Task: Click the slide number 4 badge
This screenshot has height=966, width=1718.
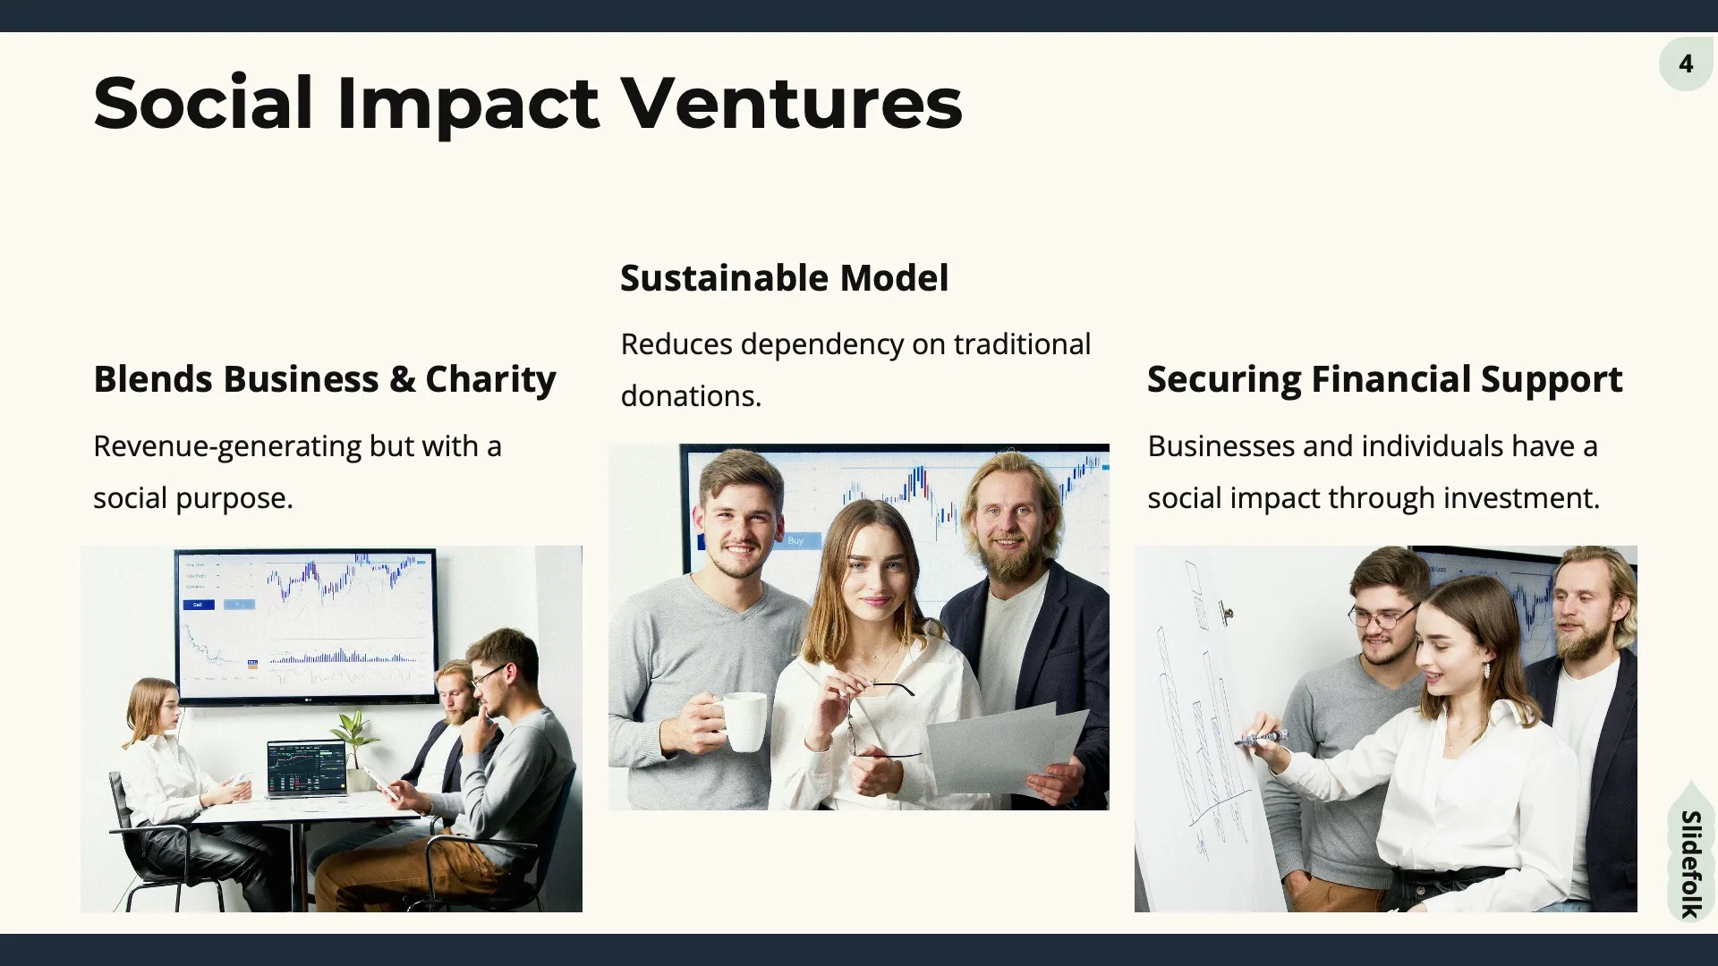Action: tap(1686, 64)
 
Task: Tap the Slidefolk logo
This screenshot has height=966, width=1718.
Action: tap(1689, 862)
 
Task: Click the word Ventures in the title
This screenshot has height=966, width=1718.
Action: tap(791, 103)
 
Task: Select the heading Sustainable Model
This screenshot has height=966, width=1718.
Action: tap(784, 278)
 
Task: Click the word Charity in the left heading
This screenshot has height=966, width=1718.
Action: tap(490, 379)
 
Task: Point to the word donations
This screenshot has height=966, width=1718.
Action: tap(691, 396)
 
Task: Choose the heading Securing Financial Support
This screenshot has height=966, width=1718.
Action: tap(1384, 379)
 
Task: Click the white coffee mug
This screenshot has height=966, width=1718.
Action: tap(741, 721)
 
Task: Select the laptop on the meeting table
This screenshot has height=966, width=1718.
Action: tap(307, 767)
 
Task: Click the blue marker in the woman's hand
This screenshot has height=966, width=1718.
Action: tap(1262, 739)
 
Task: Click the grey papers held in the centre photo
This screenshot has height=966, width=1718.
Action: tap(1007, 747)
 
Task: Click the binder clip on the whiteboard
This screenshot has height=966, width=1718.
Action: tap(1225, 613)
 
